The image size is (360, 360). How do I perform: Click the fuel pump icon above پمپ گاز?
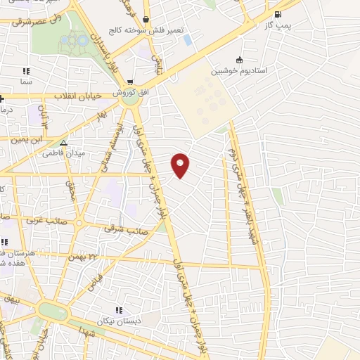point(278,14)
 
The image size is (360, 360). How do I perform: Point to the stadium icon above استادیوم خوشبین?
point(240,60)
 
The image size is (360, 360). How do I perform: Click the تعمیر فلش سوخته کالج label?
point(145,30)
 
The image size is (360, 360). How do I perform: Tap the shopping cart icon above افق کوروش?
point(130,83)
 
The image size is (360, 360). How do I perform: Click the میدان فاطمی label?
point(63,152)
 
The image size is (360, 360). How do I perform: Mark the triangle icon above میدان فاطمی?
point(63,142)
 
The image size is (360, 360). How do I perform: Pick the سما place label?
point(27,82)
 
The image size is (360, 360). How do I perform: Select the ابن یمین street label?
point(22,139)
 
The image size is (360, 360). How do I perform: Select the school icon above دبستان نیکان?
point(118,309)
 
